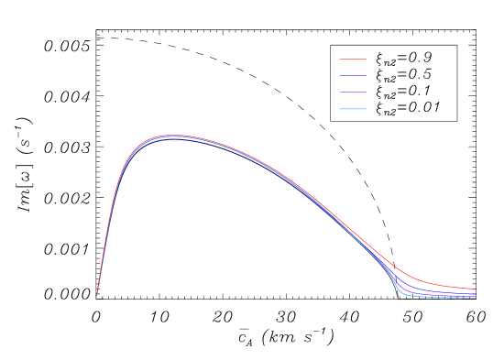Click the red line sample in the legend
click(x=353, y=60)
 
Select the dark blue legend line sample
click(x=353, y=76)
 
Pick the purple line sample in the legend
click(x=353, y=93)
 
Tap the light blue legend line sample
click(x=353, y=109)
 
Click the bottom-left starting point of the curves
click(x=97, y=294)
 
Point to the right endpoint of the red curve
click(x=476, y=289)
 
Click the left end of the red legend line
click(x=340, y=60)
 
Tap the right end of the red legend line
click(x=366, y=60)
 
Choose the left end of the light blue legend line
click(x=340, y=109)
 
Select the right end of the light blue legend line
click(x=366, y=109)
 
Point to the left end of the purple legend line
click(x=340, y=93)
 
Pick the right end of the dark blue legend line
click(x=366, y=76)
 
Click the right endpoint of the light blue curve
click(x=476, y=298)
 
